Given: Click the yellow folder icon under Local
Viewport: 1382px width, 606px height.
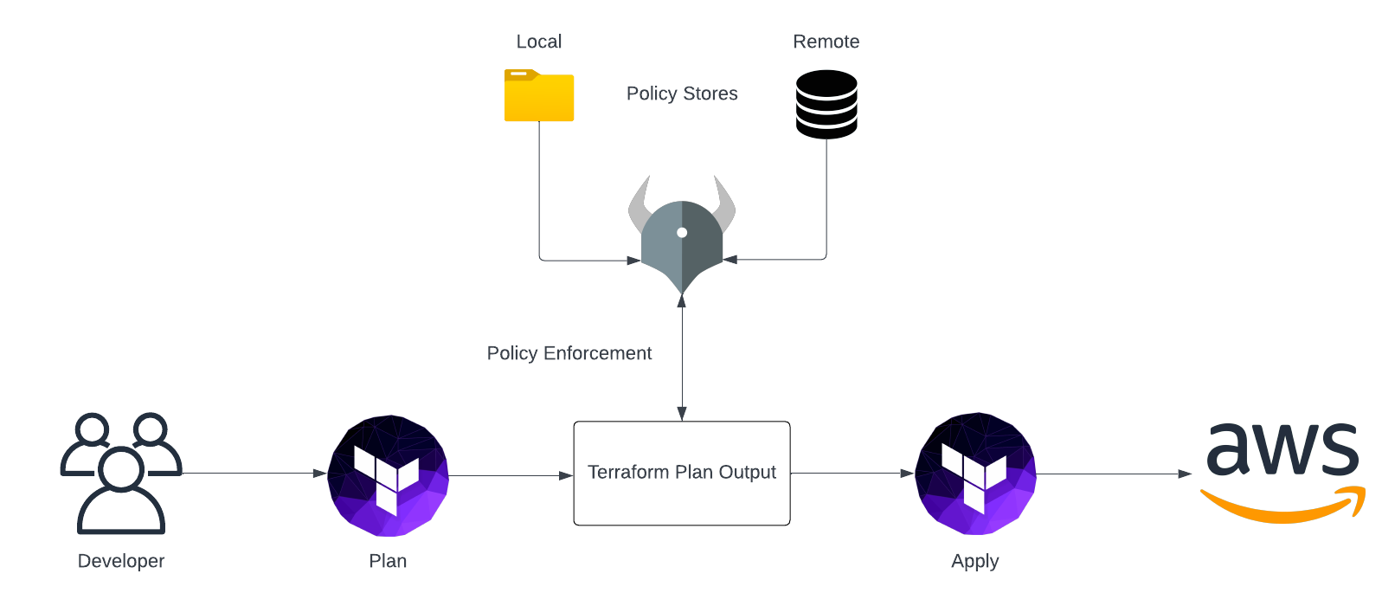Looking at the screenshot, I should click(x=538, y=96).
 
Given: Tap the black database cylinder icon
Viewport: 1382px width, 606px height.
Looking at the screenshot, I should click(x=826, y=105).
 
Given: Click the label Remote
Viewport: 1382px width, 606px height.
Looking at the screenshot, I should click(x=826, y=42).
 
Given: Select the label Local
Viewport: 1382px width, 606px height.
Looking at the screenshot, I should click(x=538, y=42).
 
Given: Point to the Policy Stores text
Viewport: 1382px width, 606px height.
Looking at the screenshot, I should click(x=682, y=93).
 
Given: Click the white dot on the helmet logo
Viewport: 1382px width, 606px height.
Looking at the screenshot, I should click(x=682, y=232).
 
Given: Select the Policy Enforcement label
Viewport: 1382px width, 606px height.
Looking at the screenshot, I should click(x=569, y=353).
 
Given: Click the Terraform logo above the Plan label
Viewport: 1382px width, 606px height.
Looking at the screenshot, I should click(x=388, y=475).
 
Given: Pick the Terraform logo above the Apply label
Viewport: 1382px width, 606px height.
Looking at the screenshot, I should click(x=975, y=474).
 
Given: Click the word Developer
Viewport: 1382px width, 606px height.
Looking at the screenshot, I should click(x=121, y=561).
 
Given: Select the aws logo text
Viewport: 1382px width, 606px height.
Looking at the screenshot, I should click(x=1282, y=450).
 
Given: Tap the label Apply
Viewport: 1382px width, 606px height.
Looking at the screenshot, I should click(x=974, y=561).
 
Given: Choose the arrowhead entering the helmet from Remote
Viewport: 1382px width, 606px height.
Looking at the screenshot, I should click(x=730, y=259).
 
